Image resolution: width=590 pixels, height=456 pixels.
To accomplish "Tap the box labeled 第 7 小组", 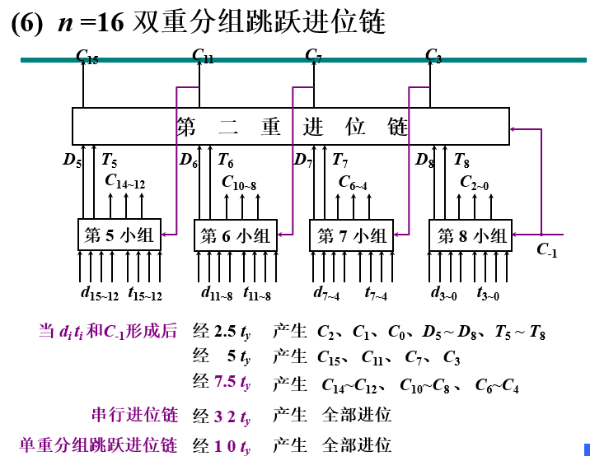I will pos(352,235).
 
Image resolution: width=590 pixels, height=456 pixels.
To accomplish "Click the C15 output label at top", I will pos(87,57).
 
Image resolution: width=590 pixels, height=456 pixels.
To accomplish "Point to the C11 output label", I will pos(202,56).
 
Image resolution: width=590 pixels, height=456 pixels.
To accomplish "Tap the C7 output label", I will pos(313,56).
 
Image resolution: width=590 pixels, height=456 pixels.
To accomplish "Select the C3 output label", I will pos(433,56).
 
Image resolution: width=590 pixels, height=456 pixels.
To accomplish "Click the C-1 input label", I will pos(548,249).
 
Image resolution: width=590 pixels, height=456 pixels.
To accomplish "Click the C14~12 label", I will pos(124,183).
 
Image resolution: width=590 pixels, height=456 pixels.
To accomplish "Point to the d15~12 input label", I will pos(100,293).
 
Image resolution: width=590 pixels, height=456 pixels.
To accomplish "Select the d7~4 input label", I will pos(330,293).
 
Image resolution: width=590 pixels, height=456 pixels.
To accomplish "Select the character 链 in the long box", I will pos(397,127).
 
